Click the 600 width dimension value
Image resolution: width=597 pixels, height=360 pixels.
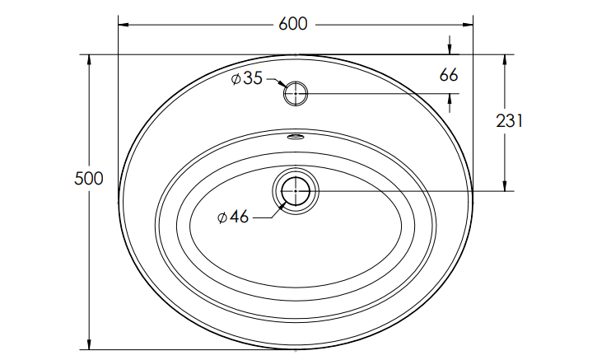click(x=293, y=24)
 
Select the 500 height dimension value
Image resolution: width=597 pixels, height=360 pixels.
click(x=89, y=178)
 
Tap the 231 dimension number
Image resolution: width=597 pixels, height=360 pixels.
click(x=510, y=121)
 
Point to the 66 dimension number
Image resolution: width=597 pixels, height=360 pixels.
click(x=449, y=75)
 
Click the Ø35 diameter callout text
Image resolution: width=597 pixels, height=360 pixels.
click(x=247, y=78)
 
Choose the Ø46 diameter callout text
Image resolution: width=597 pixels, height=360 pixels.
click(x=233, y=217)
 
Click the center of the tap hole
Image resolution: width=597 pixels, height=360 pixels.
click(x=296, y=93)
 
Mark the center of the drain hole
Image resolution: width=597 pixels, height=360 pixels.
click(x=296, y=191)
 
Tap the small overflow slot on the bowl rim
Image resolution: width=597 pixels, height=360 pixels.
click(x=295, y=136)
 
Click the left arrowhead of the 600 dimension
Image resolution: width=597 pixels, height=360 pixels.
click(x=124, y=25)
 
